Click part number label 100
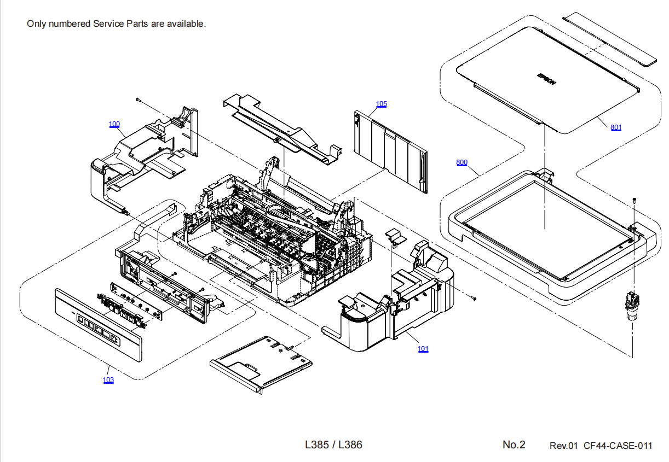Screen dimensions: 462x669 point(114,125)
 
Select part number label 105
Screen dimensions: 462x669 point(381,104)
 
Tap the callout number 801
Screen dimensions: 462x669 point(616,127)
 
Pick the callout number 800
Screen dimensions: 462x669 point(462,162)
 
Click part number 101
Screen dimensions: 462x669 point(423,349)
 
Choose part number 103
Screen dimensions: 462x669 point(108,380)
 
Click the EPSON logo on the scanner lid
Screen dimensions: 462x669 point(546,79)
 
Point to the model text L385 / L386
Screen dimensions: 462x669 point(333,445)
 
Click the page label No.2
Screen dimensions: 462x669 point(514,445)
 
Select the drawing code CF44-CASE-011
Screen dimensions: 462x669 point(618,446)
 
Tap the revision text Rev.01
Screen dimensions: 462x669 point(563,446)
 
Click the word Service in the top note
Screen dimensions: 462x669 point(109,24)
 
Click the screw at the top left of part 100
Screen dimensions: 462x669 point(139,100)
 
